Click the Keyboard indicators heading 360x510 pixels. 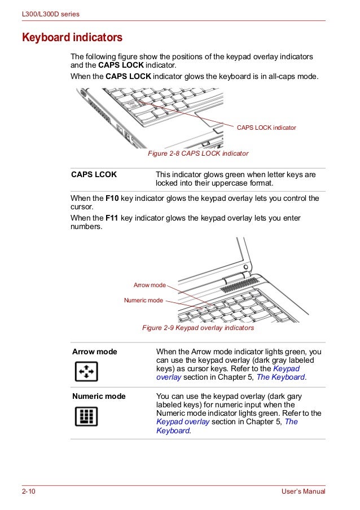(72, 38)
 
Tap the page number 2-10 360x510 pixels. (29, 492)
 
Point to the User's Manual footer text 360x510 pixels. (303, 492)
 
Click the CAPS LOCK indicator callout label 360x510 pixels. (266, 128)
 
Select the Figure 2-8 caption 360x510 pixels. (197, 153)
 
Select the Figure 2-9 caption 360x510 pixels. (197, 328)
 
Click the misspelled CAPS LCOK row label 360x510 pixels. (94, 175)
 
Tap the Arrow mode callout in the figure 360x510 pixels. (150, 285)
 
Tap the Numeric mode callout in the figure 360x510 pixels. (143, 301)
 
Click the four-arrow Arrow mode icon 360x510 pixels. (86, 371)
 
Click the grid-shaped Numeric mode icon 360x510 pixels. (86, 416)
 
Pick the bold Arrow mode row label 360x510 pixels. (94, 352)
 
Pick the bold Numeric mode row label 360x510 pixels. (99, 397)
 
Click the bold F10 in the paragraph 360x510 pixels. (113, 199)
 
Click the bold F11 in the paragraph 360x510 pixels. (113, 218)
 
